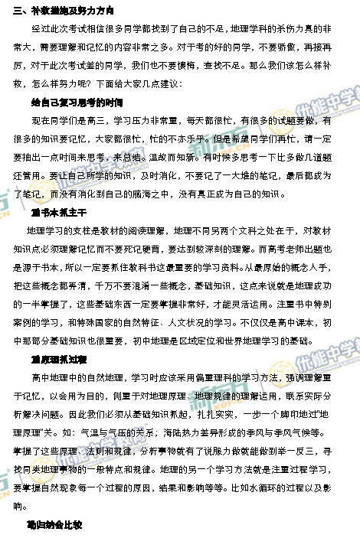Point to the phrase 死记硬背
coord(156,248)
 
